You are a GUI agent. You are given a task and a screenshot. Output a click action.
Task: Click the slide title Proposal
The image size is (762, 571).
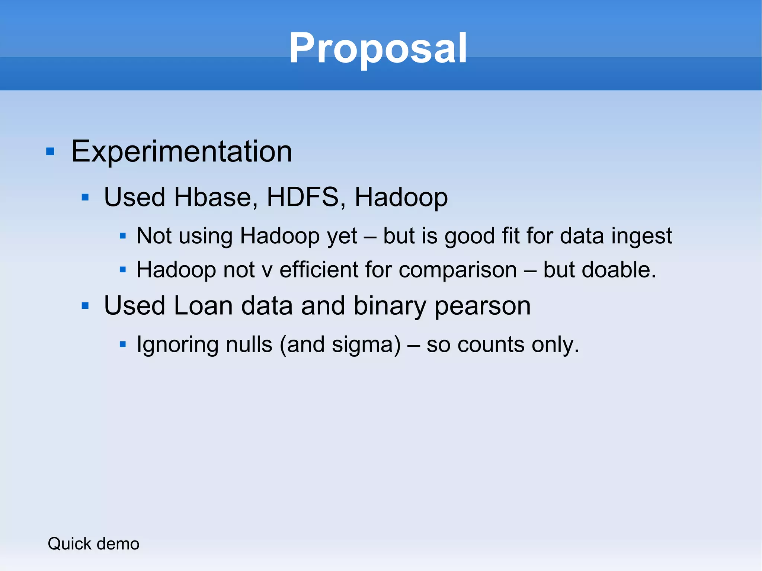pyautogui.click(x=378, y=48)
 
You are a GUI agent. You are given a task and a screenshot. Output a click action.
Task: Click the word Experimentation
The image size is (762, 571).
pyautogui.click(x=182, y=151)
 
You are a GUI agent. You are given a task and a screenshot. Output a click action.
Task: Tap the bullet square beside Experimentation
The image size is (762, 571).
pyautogui.click(x=50, y=152)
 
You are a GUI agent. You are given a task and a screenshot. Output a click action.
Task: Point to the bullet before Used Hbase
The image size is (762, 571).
pyautogui.click(x=85, y=197)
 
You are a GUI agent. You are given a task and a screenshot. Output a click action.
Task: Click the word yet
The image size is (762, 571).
pyautogui.click(x=342, y=237)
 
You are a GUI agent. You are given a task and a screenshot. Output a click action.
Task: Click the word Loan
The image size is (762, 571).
pyautogui.click(x=203, y=306)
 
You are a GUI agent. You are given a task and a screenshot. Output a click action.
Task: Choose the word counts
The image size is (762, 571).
pyautogui.click(x=490, y=345)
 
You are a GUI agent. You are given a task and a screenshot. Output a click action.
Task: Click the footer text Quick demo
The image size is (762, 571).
pyautogui.click(x=93, y=544)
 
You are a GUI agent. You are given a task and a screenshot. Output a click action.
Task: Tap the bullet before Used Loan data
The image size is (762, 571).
pyautogui.click(x=85, y=306)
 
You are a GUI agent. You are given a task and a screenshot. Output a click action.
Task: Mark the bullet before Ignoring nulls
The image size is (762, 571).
pyautogui.click(x=123, y=344)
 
